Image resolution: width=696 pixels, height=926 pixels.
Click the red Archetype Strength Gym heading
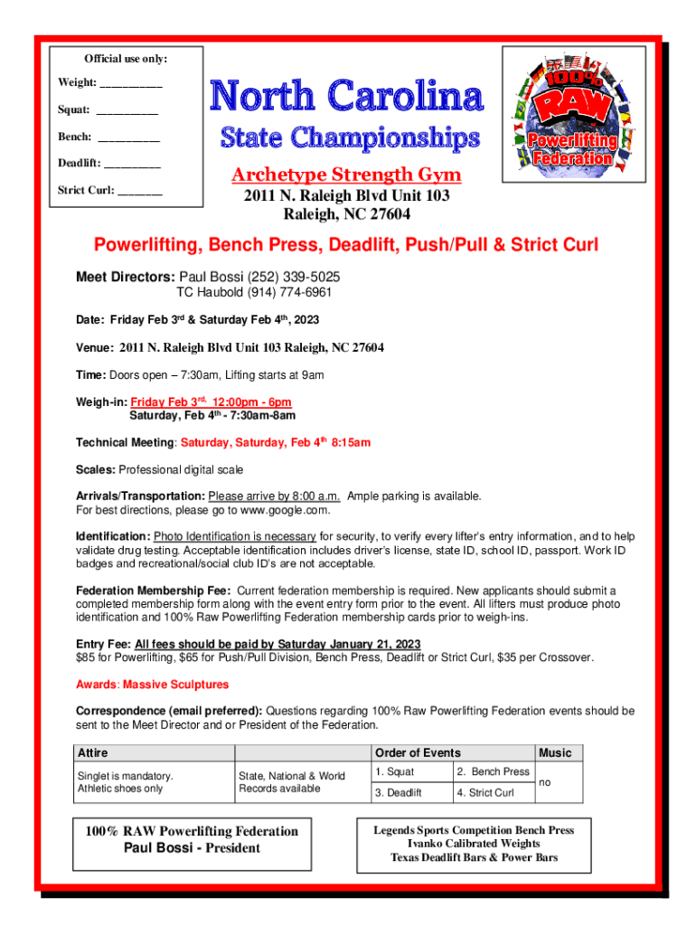click(x=346, y=175)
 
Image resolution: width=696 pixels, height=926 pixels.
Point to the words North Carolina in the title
click(x=347, y=97)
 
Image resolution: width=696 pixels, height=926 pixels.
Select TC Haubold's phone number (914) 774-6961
click(x=292, y=293)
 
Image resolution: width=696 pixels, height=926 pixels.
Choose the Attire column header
click(x=93, y=752)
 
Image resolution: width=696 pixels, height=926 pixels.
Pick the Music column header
click(x=555, y=752)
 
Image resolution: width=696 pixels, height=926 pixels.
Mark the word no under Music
click(x=544, y=783)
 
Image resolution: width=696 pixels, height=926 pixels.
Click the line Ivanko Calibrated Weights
click(x=475, y=844)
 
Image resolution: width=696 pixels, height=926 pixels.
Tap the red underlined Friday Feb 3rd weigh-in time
click(x=211, y=402)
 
